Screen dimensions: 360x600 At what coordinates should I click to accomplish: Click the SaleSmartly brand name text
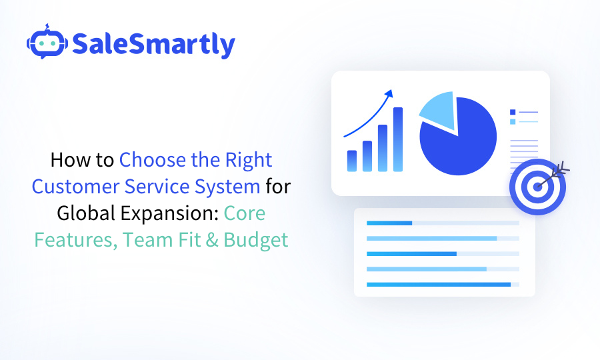153,44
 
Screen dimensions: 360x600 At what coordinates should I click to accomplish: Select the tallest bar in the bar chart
398,140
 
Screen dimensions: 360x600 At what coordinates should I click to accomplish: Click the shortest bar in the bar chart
352,161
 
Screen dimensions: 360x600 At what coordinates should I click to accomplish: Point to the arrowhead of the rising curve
390,93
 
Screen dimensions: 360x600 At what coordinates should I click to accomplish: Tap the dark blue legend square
513,112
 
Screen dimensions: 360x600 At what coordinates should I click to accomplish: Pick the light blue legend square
513,121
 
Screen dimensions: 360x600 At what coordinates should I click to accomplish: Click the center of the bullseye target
537,186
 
